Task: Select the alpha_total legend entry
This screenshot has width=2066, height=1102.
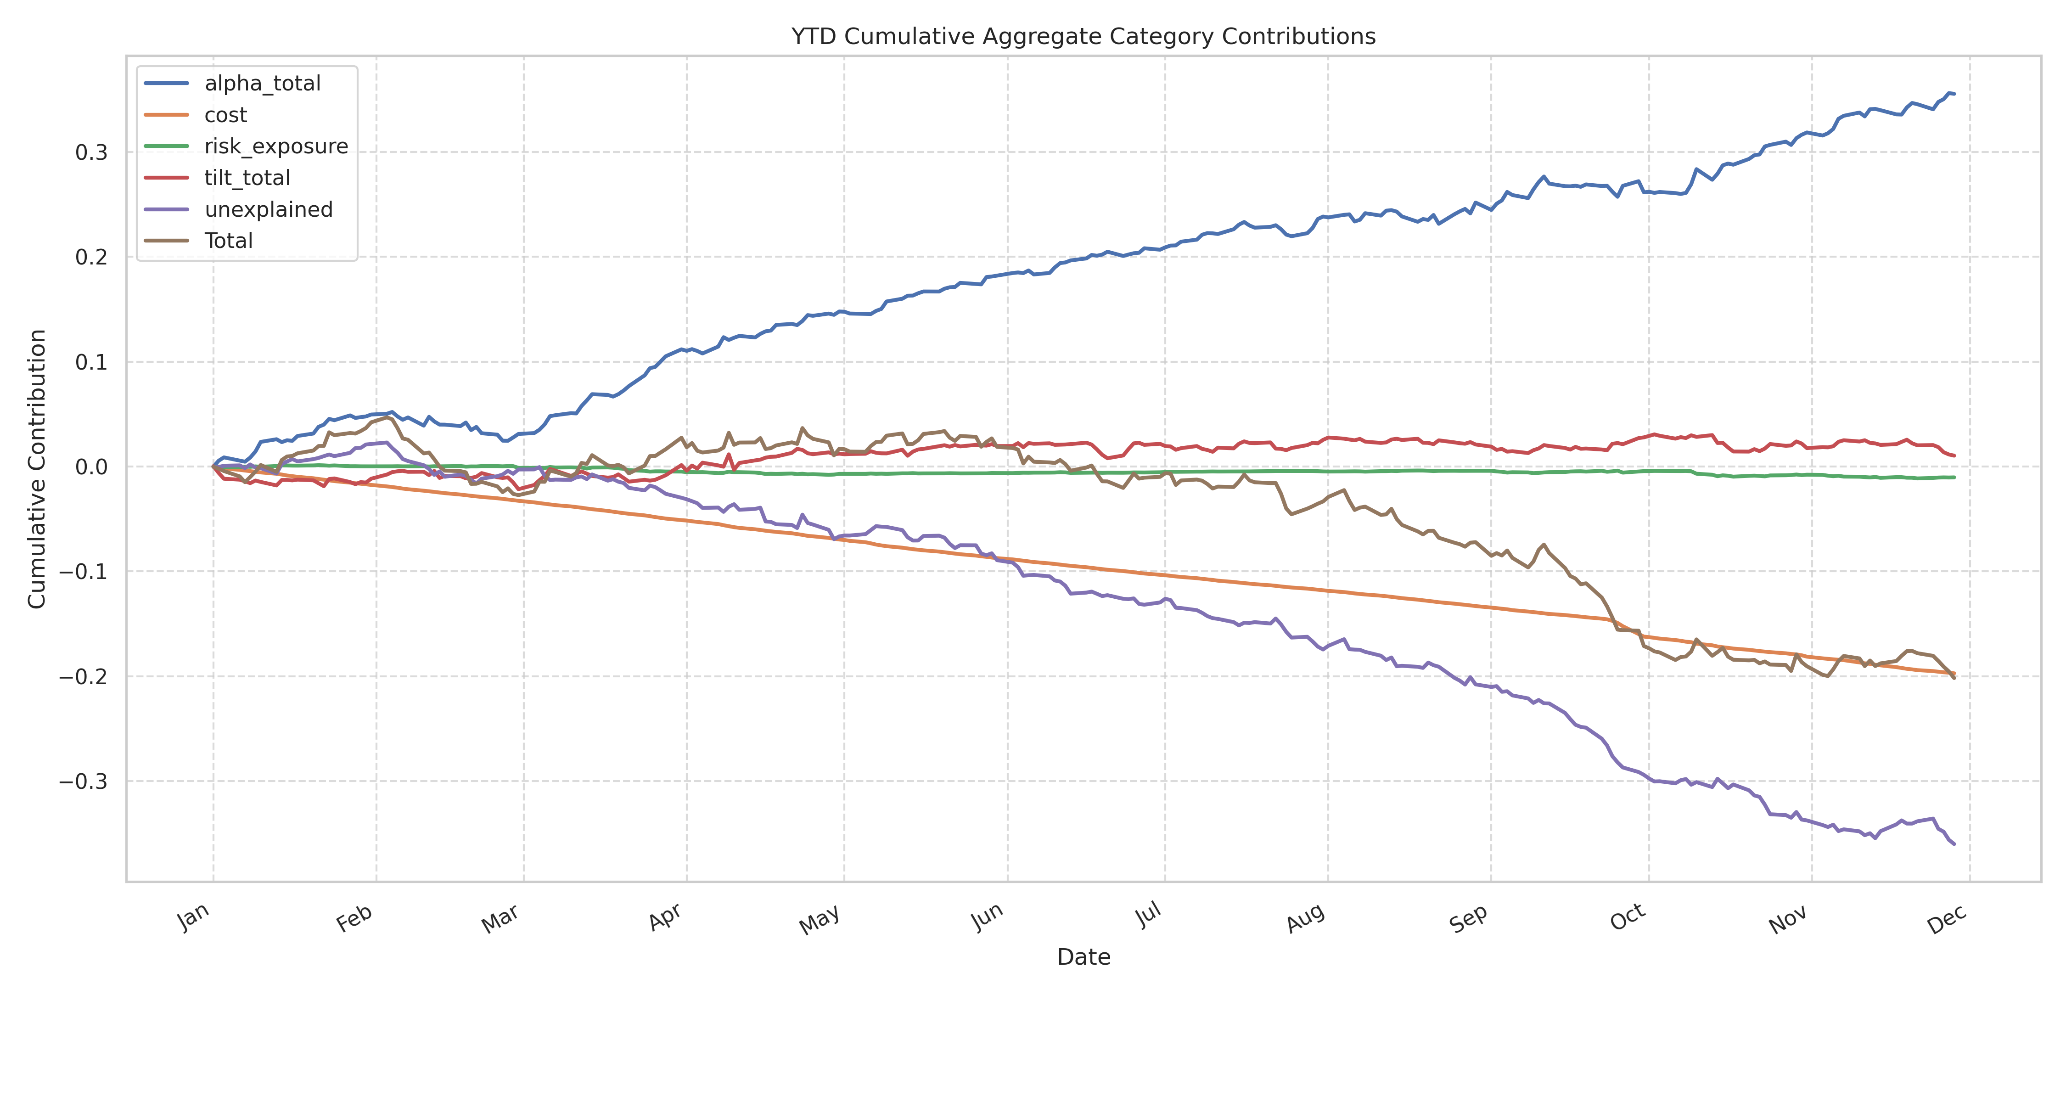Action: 262,84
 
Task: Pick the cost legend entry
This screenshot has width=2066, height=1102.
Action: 225,115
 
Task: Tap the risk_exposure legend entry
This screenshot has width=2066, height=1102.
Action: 276,146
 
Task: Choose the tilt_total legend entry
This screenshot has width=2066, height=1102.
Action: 247,177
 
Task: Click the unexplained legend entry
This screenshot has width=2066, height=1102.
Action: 268,209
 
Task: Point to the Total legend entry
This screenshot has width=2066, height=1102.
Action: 229,241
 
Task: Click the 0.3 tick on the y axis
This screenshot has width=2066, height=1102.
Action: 90,152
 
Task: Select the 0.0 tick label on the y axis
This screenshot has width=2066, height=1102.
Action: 90,467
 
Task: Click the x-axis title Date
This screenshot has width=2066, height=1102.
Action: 1084,957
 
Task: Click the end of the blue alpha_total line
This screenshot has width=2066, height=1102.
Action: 1954,94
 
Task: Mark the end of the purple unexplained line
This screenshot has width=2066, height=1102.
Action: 1954,844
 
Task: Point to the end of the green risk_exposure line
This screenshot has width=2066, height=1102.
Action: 1954,477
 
